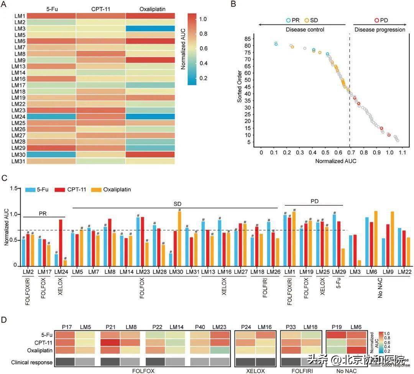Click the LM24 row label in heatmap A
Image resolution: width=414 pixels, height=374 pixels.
tap(18, 117)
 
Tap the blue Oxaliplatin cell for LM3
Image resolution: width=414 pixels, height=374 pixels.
tap(150, 28)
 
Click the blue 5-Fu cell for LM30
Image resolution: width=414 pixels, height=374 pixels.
tap(51, 154)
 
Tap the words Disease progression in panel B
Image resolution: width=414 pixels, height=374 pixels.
tap(379, 30)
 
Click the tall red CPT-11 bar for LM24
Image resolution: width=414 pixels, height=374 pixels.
tap(61, 243)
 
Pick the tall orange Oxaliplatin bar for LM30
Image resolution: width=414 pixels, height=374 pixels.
tap(179, 238)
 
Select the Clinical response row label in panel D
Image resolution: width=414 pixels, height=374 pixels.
tap(32, 362)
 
